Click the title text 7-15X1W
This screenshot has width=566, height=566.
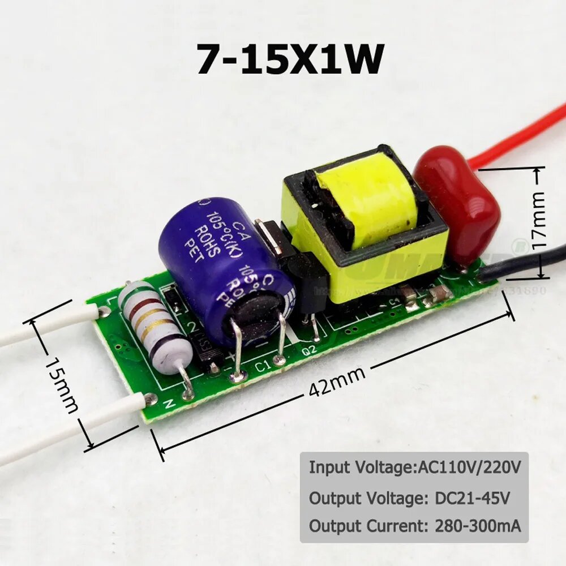pos(290,59)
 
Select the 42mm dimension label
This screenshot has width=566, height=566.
pos(338,381)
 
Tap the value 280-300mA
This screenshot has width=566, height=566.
pos(477,526)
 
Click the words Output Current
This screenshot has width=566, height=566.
pos(367,526)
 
